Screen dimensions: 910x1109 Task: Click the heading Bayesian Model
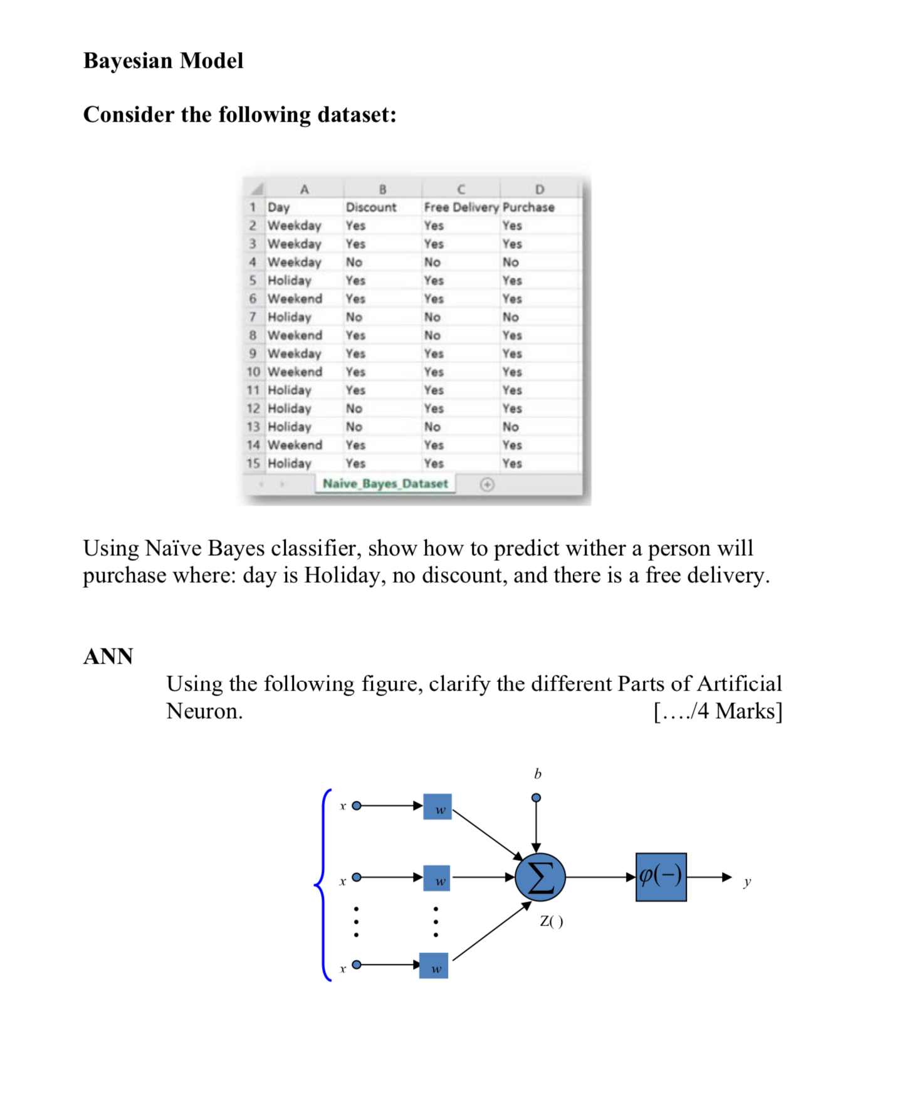(x=163, y=61)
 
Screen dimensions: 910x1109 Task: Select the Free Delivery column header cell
(x=461, y=207)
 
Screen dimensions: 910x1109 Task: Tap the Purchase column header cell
(x=528, y=207)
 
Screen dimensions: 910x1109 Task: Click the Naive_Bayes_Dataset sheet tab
(x=385, y=484)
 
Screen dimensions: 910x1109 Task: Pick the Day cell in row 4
(x=294, y=262)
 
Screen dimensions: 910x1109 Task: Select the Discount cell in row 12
(x=354, y=409)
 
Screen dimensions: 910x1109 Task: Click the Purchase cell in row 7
(x=510, y=317)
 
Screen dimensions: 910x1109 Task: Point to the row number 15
(x=253, y=464)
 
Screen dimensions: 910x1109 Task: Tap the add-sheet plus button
(x=487, y=484)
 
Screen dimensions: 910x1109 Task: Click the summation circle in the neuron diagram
(x=540, y=877)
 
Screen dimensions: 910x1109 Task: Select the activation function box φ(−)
(x=661, y=877)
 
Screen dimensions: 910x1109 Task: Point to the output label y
(x=747, y=882)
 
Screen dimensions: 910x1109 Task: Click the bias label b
(x=537, y=774)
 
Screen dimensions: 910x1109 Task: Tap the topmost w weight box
(x=437, y=807)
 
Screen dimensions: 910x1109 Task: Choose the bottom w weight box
(x=434, y=966)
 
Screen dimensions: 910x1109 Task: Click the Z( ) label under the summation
(x=552, y=921)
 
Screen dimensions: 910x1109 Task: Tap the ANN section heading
(x=108, y=657)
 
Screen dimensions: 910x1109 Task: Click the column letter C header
(x=461, y=189)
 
